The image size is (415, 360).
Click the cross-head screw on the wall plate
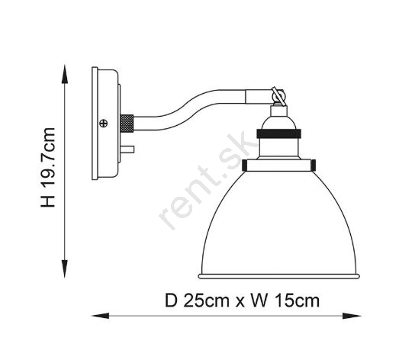coord(104,123)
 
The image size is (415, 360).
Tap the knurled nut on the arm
coord(127,124)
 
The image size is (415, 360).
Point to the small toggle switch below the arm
coord(127,149)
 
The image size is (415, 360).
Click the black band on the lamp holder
coord(278,133)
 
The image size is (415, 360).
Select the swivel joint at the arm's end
coord(278,96)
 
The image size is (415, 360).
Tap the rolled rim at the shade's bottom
coord(279,276)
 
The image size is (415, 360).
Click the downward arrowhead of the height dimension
coord(65,268)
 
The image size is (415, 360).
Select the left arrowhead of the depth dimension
coord(101,316)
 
